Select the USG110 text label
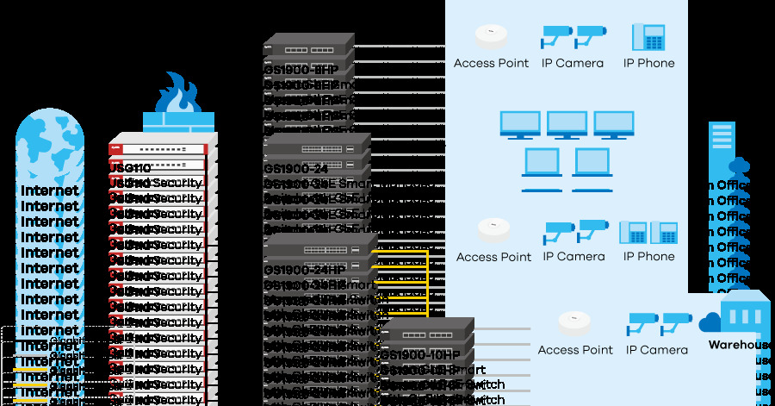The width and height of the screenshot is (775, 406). (x=130, y=168)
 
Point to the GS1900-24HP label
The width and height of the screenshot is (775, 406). (x=304, y=270)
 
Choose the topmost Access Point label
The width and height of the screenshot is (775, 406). (x=491, y=63)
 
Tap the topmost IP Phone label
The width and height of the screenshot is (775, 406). (x=648, y=63)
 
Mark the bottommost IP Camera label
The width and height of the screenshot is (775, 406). (x=656, y=350)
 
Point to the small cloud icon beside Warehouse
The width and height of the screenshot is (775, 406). (x=710, y=322)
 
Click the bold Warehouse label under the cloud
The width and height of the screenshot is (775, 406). (x=740, y=345)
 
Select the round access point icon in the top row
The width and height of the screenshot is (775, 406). (x=491, y=36)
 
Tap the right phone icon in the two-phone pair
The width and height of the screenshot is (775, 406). (x=663, y=233)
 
